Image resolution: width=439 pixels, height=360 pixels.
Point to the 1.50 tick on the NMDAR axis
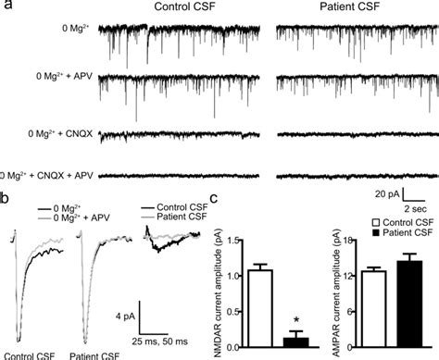coord(225,242)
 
